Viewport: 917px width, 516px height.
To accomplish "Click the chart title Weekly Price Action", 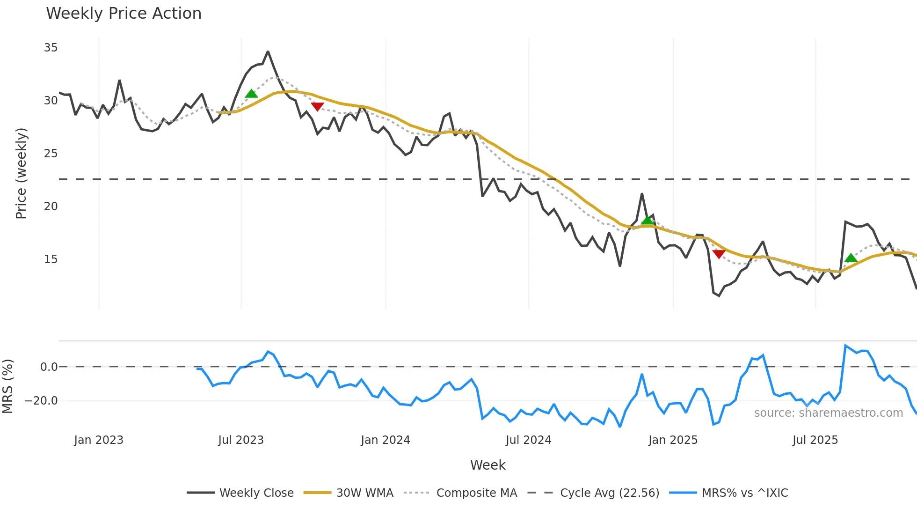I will click(124, 14).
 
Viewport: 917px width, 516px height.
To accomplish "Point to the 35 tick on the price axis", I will click(51, 48).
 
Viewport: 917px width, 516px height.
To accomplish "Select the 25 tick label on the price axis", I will click(51, 154).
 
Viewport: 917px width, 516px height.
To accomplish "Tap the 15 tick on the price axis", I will click(51, 259).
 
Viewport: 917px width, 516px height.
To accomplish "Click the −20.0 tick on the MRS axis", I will click(41, 401).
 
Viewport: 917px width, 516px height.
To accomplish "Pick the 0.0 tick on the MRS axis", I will click(49, 367).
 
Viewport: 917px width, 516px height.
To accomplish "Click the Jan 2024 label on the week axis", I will click(385, 440).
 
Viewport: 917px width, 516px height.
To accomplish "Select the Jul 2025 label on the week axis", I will click(815, 440).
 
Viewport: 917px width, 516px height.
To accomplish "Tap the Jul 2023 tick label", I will click(241, 440).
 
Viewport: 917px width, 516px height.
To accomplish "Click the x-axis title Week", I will click(488, 465).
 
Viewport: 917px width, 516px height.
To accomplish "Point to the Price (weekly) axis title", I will click(21, 173).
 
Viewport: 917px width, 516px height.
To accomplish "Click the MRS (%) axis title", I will click(7, 386).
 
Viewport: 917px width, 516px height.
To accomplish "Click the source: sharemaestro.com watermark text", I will click(828, 413).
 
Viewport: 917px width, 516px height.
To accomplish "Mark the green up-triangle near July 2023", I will click(251, 94).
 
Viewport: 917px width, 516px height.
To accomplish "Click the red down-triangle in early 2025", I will click(719, 254).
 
